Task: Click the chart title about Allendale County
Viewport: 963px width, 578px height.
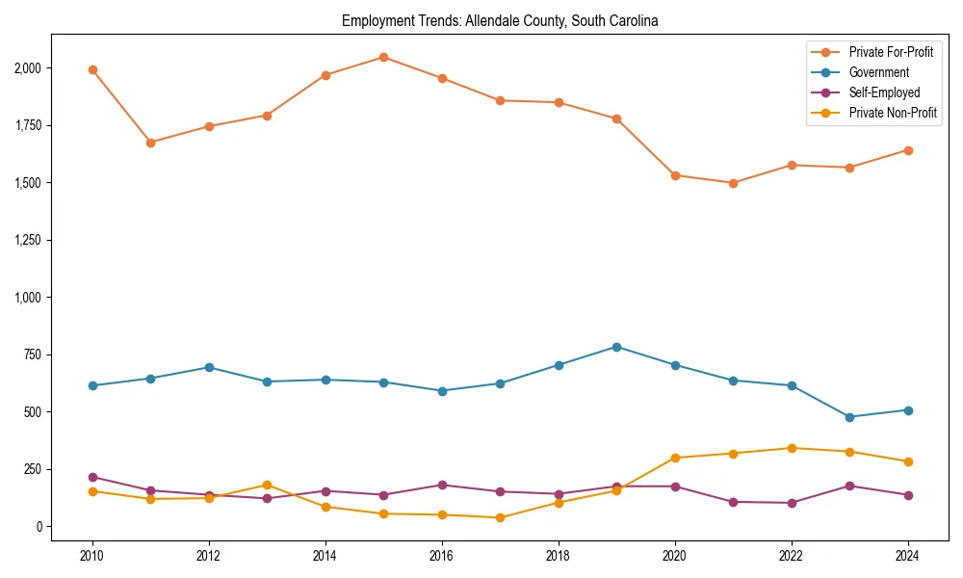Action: point(500,21)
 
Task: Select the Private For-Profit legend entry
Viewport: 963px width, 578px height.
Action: point(891,52)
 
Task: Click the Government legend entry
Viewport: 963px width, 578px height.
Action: point(878,72)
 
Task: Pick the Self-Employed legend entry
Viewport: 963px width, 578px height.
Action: point(884,92)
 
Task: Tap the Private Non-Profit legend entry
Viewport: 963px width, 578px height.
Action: point(893,113)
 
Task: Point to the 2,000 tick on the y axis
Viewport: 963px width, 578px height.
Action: point(27,68)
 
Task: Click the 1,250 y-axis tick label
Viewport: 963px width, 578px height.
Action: point(27,240)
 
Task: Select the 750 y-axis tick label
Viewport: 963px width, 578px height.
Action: point(33,355)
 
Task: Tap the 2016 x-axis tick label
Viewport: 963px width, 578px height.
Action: point(442,556)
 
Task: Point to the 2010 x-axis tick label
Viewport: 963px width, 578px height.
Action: point(92,556)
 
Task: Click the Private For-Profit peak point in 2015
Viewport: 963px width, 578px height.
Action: point(383,57)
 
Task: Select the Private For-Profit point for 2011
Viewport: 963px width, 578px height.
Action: point(150,143)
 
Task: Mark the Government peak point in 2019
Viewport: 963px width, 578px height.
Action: point(616,347)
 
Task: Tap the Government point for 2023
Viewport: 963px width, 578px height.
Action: point(849,417)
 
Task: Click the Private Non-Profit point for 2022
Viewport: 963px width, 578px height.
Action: point(792,448)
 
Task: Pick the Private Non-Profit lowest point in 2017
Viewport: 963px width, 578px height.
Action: point(500,517)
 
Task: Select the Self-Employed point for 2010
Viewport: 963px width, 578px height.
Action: point(92,477)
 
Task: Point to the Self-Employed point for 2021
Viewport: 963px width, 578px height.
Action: point(733,502)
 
